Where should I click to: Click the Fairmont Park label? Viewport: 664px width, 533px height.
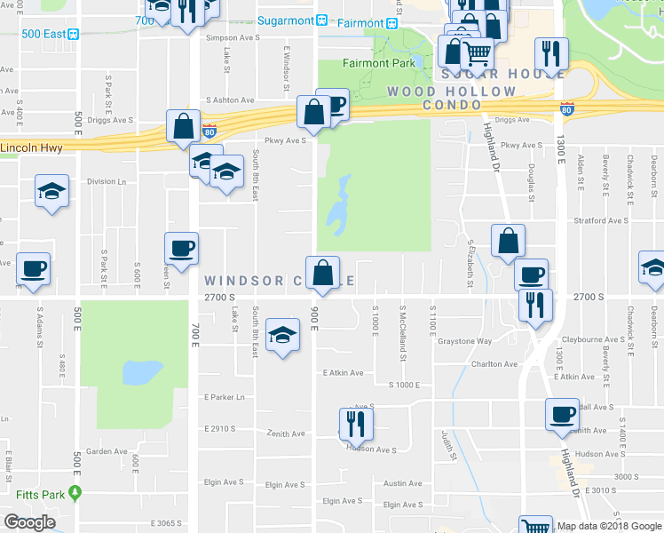click(x=378, y=64)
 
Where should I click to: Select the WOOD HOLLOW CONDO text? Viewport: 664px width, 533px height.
click(x=451, y=98)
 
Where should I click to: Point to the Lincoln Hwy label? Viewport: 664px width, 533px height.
click(x=32, y=148)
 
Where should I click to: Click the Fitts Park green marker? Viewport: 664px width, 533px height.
click(x=76, y=492)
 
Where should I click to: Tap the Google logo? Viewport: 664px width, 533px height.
click(x=29, y=522)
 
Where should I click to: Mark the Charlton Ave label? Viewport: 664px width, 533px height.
click(x=494, y=364)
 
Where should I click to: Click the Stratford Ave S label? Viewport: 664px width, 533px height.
click(x=602, y=220)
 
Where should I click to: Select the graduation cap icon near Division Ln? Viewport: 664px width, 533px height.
click(x=51, y=191)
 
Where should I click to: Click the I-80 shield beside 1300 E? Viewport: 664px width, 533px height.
click(x=567, y=107)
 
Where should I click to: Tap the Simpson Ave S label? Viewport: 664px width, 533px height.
click(x=233, y=38)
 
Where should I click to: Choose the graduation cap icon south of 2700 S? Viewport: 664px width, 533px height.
click(x=282, y=335)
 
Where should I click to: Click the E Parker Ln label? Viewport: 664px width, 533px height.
click(x=224, y=397)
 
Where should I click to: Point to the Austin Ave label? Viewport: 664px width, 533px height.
click(x=402, y=484)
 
